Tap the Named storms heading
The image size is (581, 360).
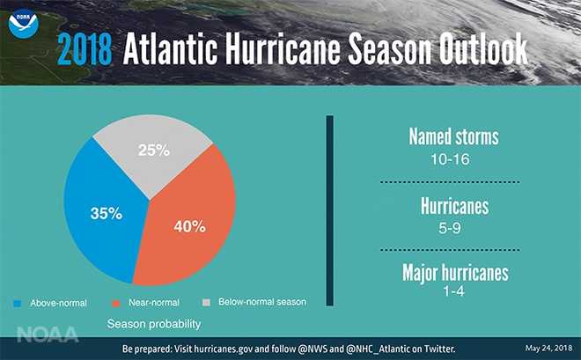(453, 137)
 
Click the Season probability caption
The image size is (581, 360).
(149, 324)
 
